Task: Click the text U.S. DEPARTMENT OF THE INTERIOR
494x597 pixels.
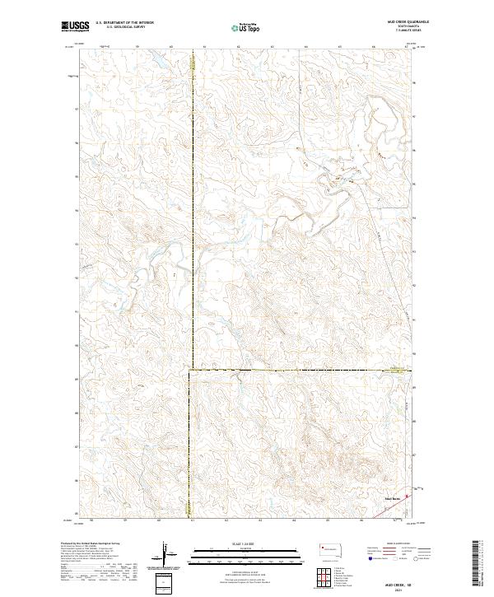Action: [124, 23]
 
